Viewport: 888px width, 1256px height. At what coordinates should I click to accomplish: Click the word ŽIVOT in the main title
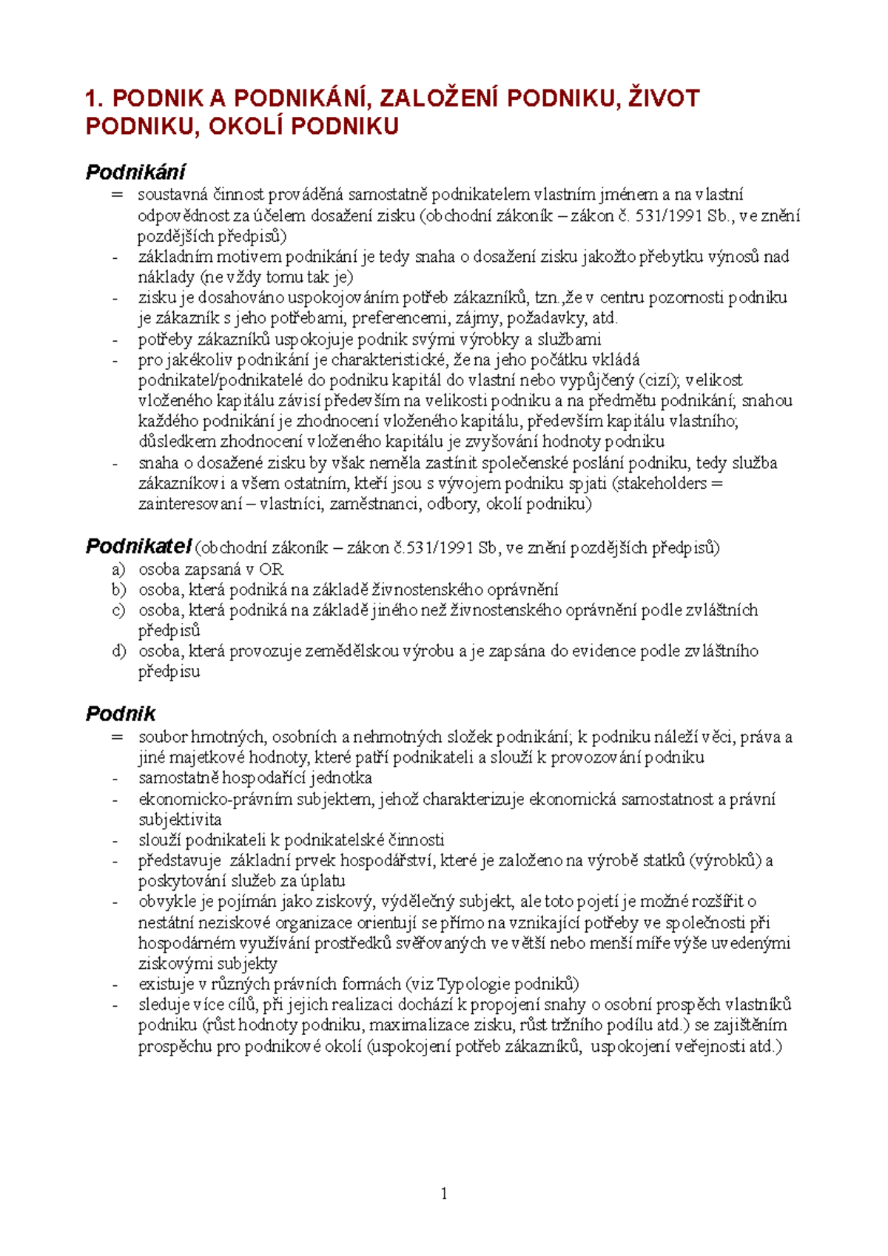[x=663, y=98]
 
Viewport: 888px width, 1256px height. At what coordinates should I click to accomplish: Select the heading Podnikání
[x=135, y=172]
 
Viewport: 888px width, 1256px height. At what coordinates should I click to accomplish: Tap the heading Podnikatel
[x=138, y=547]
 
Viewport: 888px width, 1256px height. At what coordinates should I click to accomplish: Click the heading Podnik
[x=121, y=714]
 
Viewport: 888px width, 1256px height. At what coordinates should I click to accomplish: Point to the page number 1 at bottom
[x=443, y=1193]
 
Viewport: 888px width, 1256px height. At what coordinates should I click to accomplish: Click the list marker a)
[x=118, y=570]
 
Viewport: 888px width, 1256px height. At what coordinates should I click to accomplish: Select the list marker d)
[x=118, y=651]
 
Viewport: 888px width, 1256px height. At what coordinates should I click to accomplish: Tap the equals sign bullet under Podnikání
[x=116, y=195]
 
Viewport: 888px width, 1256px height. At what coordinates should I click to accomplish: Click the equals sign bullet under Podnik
[x=116, y=737]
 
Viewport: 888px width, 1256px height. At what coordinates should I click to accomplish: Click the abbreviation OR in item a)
[x=272, y=570]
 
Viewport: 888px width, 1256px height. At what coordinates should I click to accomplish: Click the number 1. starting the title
[x=95, y=98]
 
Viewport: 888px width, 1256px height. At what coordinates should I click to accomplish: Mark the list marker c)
[x=118, y=610]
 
